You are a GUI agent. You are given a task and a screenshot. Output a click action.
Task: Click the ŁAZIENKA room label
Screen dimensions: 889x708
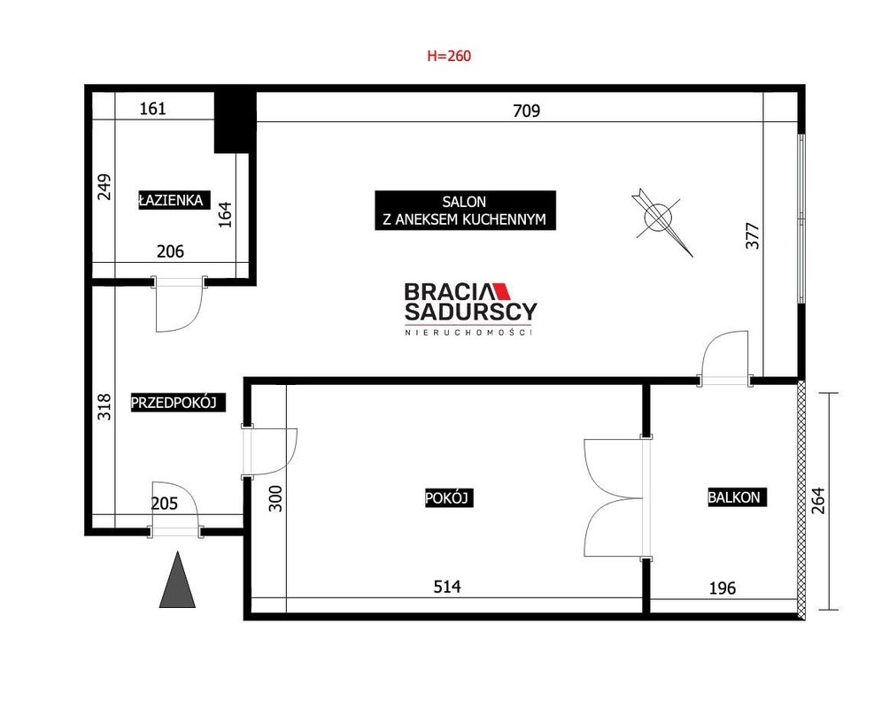(x=171, y=200)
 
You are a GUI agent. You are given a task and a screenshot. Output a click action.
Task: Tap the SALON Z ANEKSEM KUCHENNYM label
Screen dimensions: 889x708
(x=465, y=211)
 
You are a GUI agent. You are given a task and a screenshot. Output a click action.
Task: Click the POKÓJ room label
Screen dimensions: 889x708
(x=449, y=498)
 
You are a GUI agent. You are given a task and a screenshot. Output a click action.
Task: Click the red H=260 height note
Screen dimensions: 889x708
(x=449, y=56)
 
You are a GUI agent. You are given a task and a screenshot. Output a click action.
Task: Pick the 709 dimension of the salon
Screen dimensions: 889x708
(x=526, y=111)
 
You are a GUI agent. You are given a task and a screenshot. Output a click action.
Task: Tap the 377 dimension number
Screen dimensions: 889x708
(x=753, y=235)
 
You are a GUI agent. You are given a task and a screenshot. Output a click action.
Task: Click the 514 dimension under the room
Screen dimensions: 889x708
(x=447, y=586)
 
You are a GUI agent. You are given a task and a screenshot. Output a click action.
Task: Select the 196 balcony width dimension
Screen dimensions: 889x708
(x=723, y=588)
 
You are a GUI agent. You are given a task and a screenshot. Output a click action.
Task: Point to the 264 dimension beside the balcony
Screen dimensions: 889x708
(x=818, y=501)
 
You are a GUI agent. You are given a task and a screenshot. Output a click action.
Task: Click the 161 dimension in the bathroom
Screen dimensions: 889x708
(x=152, y=108)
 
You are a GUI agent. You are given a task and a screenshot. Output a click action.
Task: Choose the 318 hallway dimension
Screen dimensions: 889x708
(x=104, y=407)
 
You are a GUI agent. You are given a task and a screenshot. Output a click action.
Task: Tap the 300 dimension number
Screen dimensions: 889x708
(x=275, y=499)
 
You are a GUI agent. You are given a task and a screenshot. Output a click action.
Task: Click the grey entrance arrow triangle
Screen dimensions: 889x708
(x=177, y=580)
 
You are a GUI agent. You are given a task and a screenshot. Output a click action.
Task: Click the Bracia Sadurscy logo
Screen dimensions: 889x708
(x=470, y=309)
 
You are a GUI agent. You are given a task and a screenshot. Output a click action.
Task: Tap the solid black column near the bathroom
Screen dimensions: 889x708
(x=235, y=121)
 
